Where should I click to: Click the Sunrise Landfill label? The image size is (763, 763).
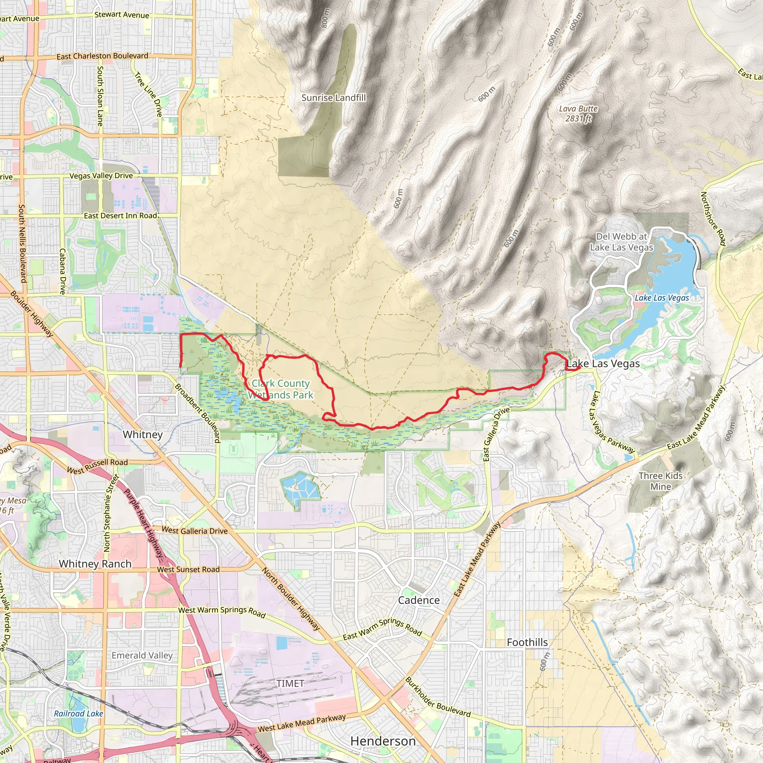334,98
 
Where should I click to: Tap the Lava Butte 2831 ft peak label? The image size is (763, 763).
578,113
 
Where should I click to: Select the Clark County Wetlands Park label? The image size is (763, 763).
281,389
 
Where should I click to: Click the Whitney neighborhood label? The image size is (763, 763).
143,434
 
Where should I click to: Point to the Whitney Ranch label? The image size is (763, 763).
95,564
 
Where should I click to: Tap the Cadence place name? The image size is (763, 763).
419,600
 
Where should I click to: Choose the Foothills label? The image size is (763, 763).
527,643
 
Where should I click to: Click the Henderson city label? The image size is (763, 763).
383,741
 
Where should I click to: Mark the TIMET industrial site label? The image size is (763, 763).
290,683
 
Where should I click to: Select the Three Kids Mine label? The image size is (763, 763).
661,481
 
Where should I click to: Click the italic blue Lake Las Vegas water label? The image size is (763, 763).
662,298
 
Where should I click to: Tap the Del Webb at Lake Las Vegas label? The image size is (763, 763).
622,242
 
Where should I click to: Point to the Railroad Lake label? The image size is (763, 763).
78,713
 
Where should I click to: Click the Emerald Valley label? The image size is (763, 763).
142,656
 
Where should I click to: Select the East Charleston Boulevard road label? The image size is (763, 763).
102,56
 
